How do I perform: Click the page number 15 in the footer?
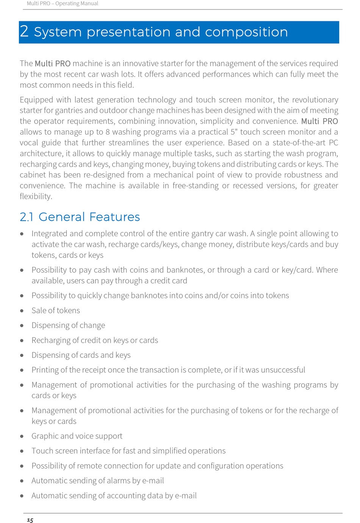click(x=30, y=520)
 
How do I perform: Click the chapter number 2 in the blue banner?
click(x=24, y=31)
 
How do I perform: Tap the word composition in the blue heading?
click(x=246, y=32)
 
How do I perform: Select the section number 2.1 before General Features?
click(x=27, y=217)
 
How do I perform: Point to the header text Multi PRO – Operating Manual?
click(x=63, y=3)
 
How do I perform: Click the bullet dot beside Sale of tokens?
click(x=22, y=311)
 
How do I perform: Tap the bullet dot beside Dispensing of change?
click(x=22, y=325)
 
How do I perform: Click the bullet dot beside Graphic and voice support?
click(x=22, y=436)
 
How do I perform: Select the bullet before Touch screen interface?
click(x=22, y=451)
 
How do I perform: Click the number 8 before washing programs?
click(x=108, y=132)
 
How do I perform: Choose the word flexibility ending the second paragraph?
click(x=36, y=196)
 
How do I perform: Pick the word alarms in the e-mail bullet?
click(x=117, y=481)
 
